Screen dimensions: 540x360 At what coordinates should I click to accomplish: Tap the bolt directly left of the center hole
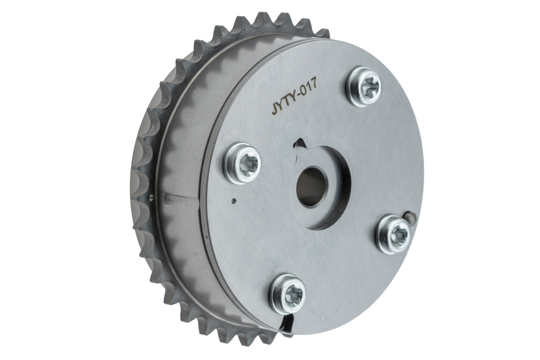[x=243, y=162]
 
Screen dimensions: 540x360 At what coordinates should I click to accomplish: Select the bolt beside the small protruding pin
[x=393, y=232]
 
